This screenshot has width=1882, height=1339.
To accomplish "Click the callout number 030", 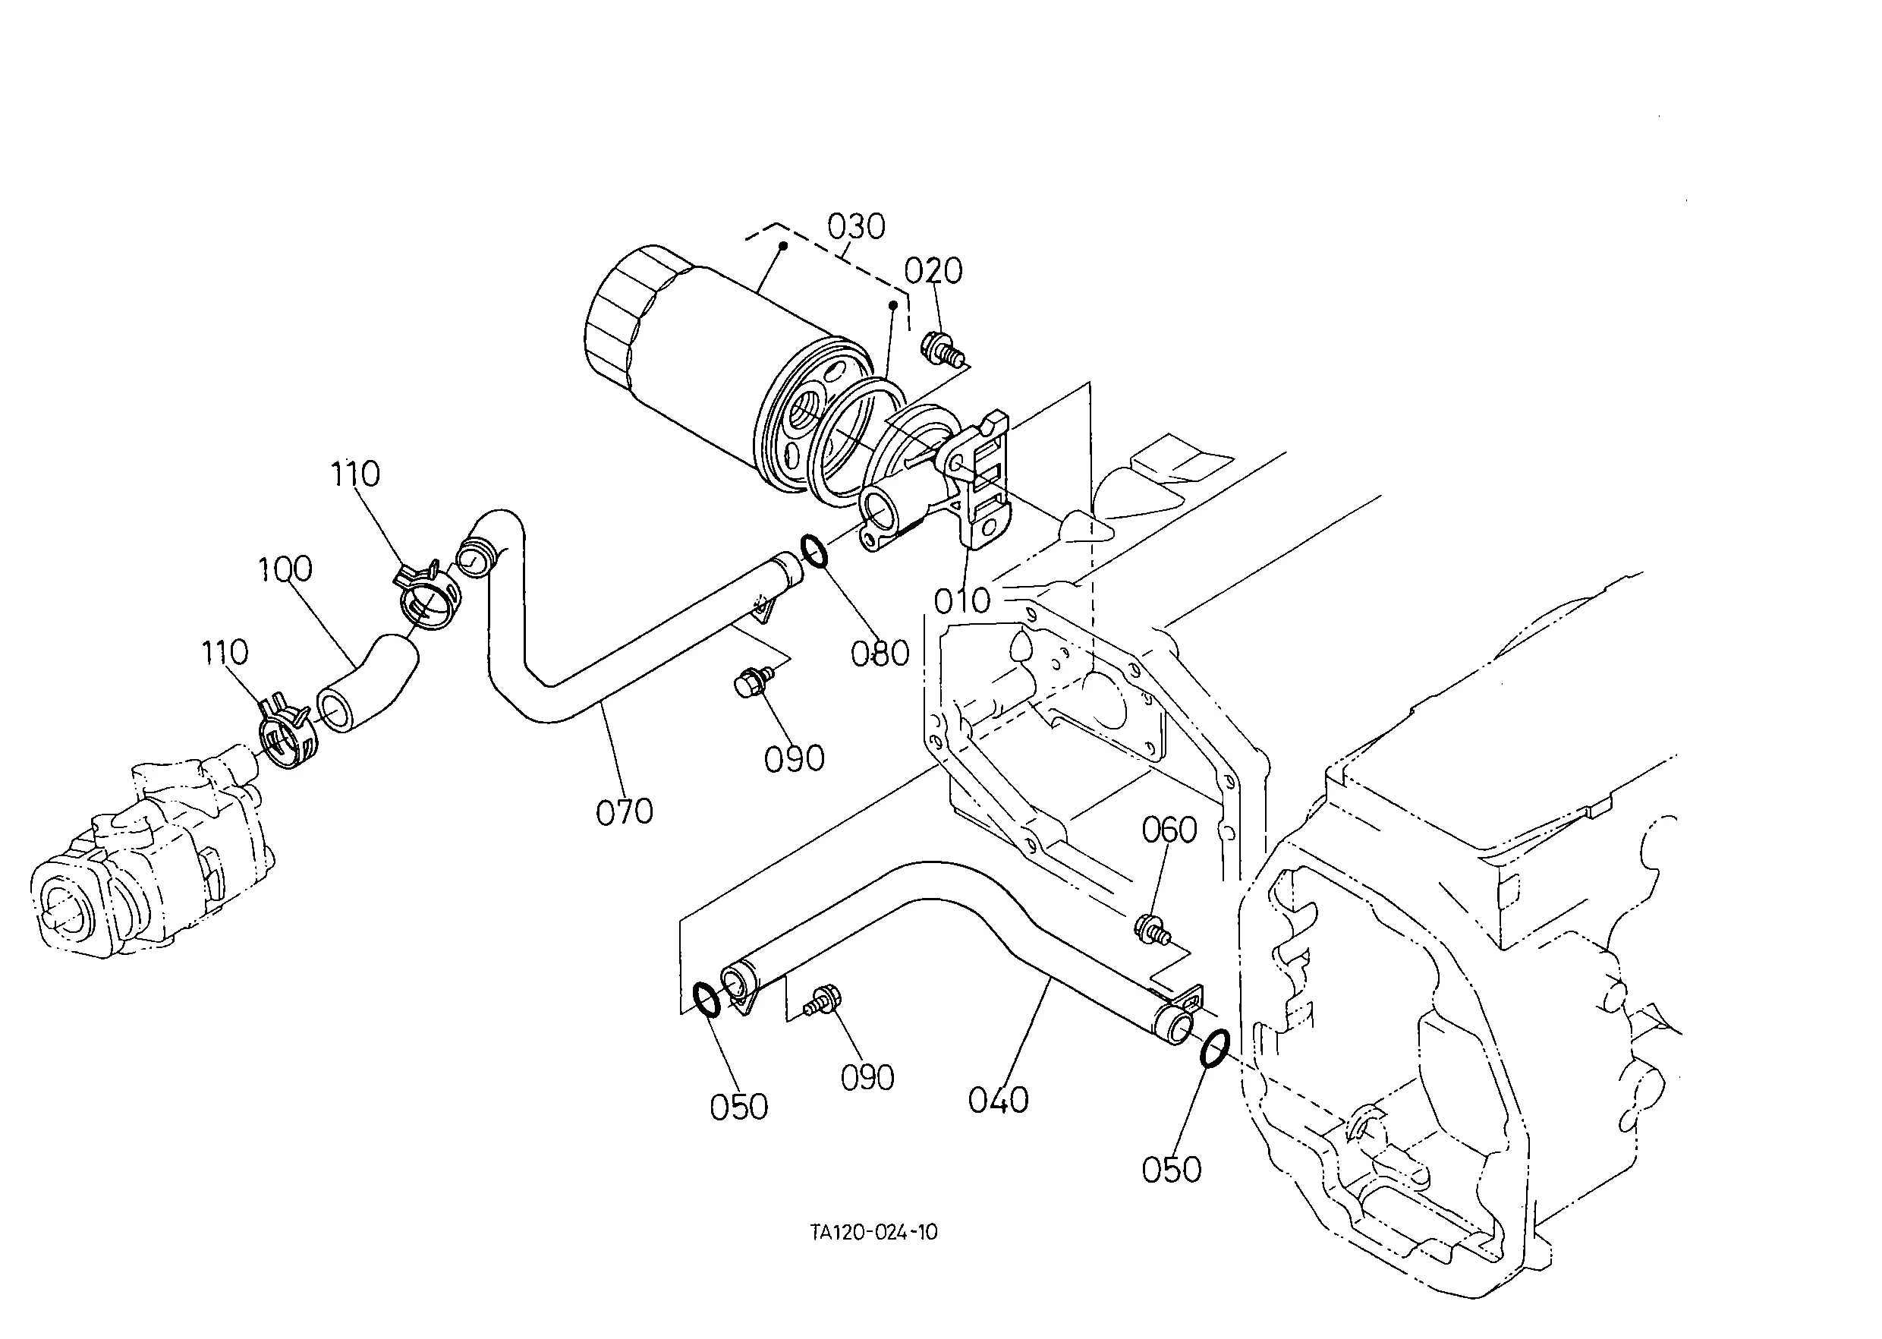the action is coord(856,226).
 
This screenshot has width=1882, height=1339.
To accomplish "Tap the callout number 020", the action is coord(933,270).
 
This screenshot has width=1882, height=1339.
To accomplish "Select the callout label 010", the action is coord(962,601).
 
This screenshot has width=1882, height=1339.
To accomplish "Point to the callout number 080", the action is coord(880,654).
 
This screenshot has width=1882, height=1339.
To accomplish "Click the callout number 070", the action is coord(624,812).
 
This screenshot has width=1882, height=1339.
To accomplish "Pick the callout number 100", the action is coord(285,569).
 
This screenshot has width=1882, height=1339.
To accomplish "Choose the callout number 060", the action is coord(1169,830).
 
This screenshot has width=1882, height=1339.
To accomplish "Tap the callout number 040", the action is coord(998,1100).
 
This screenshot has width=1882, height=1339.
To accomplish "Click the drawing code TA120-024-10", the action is coord(873,1232).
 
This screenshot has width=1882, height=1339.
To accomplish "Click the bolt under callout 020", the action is coord(943,347).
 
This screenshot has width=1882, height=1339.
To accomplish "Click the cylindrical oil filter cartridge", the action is coord(725,367).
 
